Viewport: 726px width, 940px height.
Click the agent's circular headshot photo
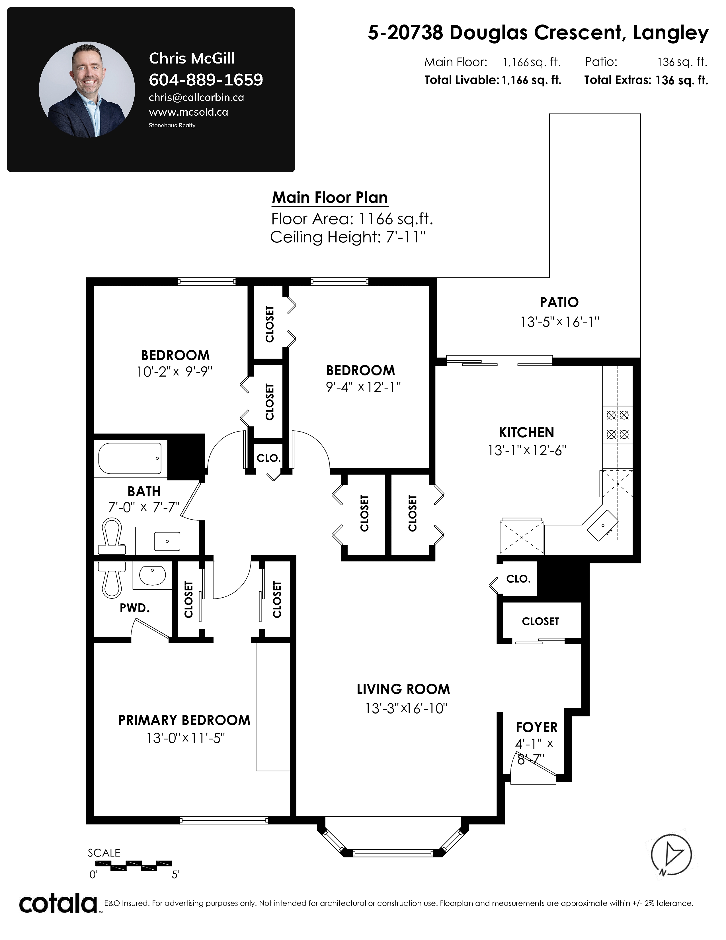point(87,89)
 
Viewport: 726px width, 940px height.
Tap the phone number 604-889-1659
point(206,80)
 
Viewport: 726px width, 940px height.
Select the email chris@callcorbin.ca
point(196,98)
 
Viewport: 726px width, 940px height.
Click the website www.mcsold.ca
point(188,112)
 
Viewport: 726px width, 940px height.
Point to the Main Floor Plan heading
point(330,198)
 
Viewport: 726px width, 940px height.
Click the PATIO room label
point(559,302)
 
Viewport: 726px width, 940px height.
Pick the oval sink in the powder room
point(152,575)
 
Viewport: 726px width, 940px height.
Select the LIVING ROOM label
point(403,689)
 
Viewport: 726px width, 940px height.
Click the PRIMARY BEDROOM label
point(184,720)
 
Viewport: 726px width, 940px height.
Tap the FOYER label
point(536,728)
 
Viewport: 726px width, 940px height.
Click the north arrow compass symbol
point(671,855)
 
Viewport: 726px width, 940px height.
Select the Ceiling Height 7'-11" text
point(348,237)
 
